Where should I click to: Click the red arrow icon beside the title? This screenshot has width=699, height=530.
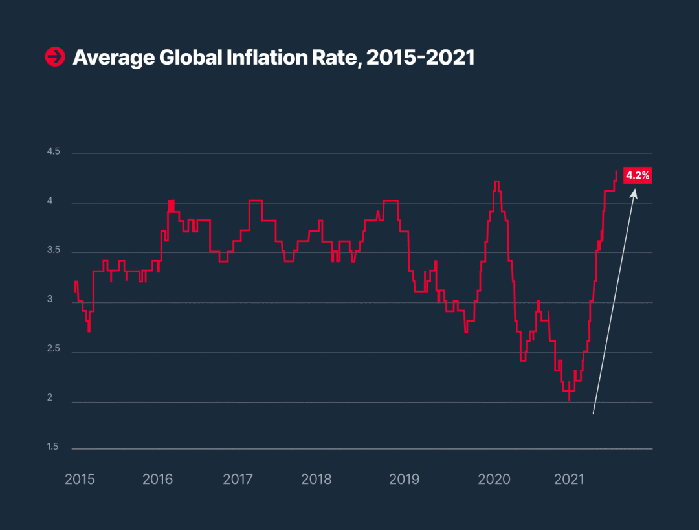(54, 57)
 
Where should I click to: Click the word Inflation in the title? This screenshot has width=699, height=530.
(270, 58)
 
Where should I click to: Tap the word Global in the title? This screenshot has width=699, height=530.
(188, 58)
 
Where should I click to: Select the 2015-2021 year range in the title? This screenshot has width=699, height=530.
(420, 58)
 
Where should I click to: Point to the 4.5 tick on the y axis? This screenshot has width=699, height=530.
(53, 151)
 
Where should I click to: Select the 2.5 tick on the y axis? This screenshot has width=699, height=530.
(53, 349)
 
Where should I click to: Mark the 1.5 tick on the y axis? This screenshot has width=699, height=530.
(52, 447)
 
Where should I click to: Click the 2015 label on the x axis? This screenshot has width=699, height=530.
(80, 480)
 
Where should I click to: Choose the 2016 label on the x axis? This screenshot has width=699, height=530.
(158, 480)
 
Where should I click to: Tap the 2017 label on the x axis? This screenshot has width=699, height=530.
(238, 480)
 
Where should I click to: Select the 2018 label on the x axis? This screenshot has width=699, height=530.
(316, 480)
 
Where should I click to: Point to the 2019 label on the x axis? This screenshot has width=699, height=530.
(405, 480)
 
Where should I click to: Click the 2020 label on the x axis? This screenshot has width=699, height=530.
(494, 480)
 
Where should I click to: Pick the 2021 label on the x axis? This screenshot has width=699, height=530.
(570, 480)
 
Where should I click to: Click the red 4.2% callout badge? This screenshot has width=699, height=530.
(637, 175)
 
